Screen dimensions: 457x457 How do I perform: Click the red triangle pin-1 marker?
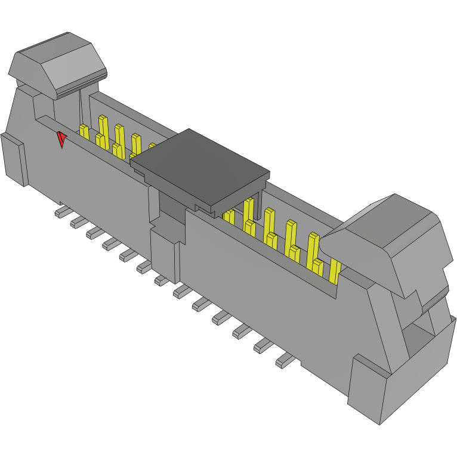61,140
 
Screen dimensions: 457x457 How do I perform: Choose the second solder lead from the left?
78,222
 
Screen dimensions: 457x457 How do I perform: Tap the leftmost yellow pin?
84,132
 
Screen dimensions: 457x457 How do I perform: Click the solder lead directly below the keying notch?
161,280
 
